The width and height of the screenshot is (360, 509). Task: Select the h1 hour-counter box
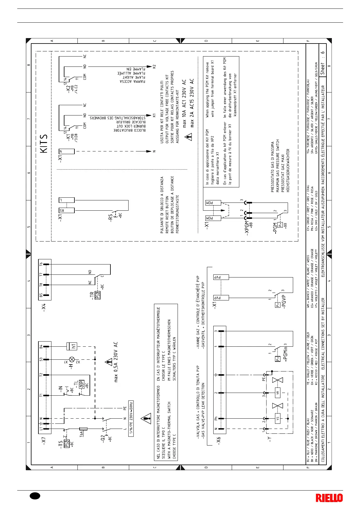(x=73, y=346)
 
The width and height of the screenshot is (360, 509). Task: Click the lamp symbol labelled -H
(x=72, y=359)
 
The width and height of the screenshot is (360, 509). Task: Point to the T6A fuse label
(x=81, y=434)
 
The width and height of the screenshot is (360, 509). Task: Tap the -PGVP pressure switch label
(x=284, y=303)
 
